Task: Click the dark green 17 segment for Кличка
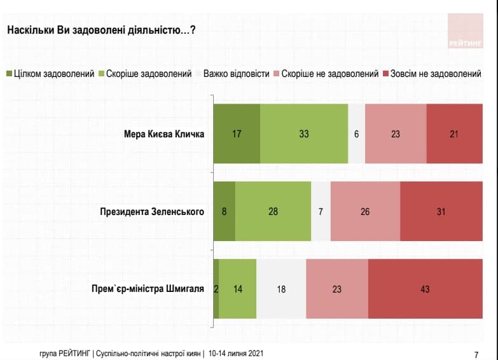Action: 237,134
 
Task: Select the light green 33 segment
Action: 304,134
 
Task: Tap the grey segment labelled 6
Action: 357,134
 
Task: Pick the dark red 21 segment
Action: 454,134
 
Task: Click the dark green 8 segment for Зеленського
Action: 224,211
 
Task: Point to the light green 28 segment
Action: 273,211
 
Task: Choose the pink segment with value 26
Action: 365,211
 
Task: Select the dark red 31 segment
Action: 441,211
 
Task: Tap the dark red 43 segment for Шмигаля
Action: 425,289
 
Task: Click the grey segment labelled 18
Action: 281,289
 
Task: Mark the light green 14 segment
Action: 238,289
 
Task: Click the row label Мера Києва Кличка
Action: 164,134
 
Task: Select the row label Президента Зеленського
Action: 152,212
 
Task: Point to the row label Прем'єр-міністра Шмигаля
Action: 148,289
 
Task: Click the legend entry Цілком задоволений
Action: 50,74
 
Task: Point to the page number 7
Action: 476,354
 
